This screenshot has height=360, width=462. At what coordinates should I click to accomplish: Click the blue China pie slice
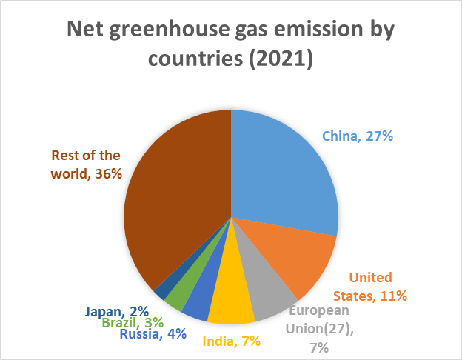point(285,170)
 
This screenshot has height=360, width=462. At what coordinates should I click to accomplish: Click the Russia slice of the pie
point(198,303)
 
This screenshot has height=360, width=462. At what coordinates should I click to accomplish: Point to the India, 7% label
point(230,341)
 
